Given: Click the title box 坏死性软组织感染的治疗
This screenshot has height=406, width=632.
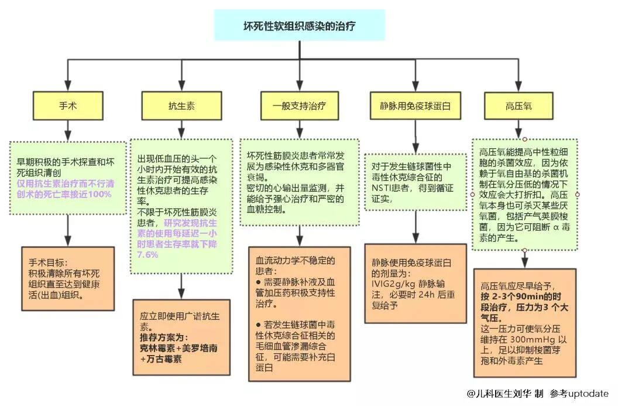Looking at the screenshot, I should click(x=300, y=25).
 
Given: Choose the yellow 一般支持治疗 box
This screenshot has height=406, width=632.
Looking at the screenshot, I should click(x=299, y=107).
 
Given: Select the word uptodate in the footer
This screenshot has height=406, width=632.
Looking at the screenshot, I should click(x=587, y=394).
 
